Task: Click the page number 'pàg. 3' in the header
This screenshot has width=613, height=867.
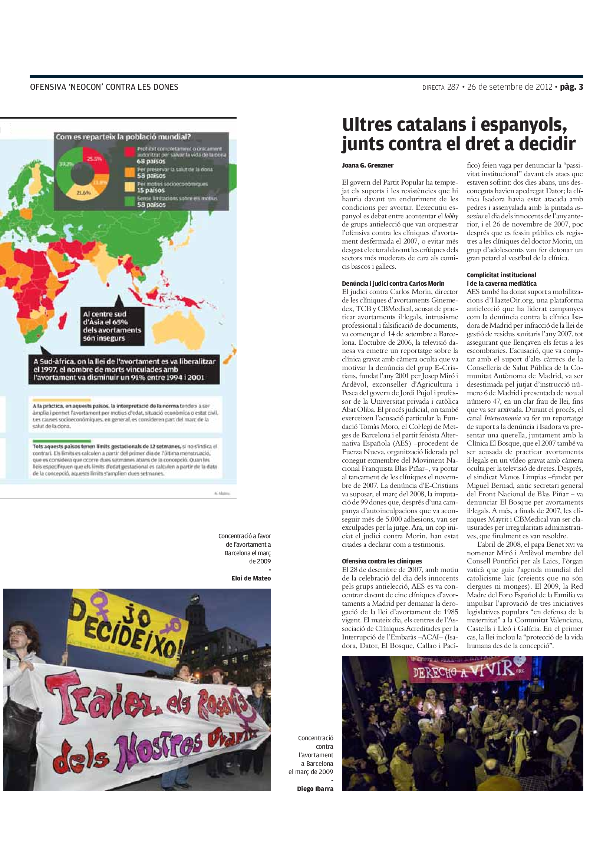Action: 571,87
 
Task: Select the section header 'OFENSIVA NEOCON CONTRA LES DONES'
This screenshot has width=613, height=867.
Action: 104,87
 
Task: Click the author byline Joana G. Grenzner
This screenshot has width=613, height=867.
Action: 368,165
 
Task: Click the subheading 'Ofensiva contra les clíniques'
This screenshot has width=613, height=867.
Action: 382,561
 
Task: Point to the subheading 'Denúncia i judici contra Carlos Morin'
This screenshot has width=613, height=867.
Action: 393,283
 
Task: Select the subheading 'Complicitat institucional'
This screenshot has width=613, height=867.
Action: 501,275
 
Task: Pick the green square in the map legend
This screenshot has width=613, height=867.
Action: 130,201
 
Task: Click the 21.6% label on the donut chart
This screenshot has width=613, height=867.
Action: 83,193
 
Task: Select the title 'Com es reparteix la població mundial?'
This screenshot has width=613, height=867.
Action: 123,137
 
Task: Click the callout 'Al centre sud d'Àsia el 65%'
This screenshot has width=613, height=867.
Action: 112,326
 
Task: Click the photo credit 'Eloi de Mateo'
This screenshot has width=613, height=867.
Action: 251,578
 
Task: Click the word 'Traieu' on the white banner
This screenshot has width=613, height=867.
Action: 84,701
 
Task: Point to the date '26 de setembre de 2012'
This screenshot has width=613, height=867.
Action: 510,87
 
